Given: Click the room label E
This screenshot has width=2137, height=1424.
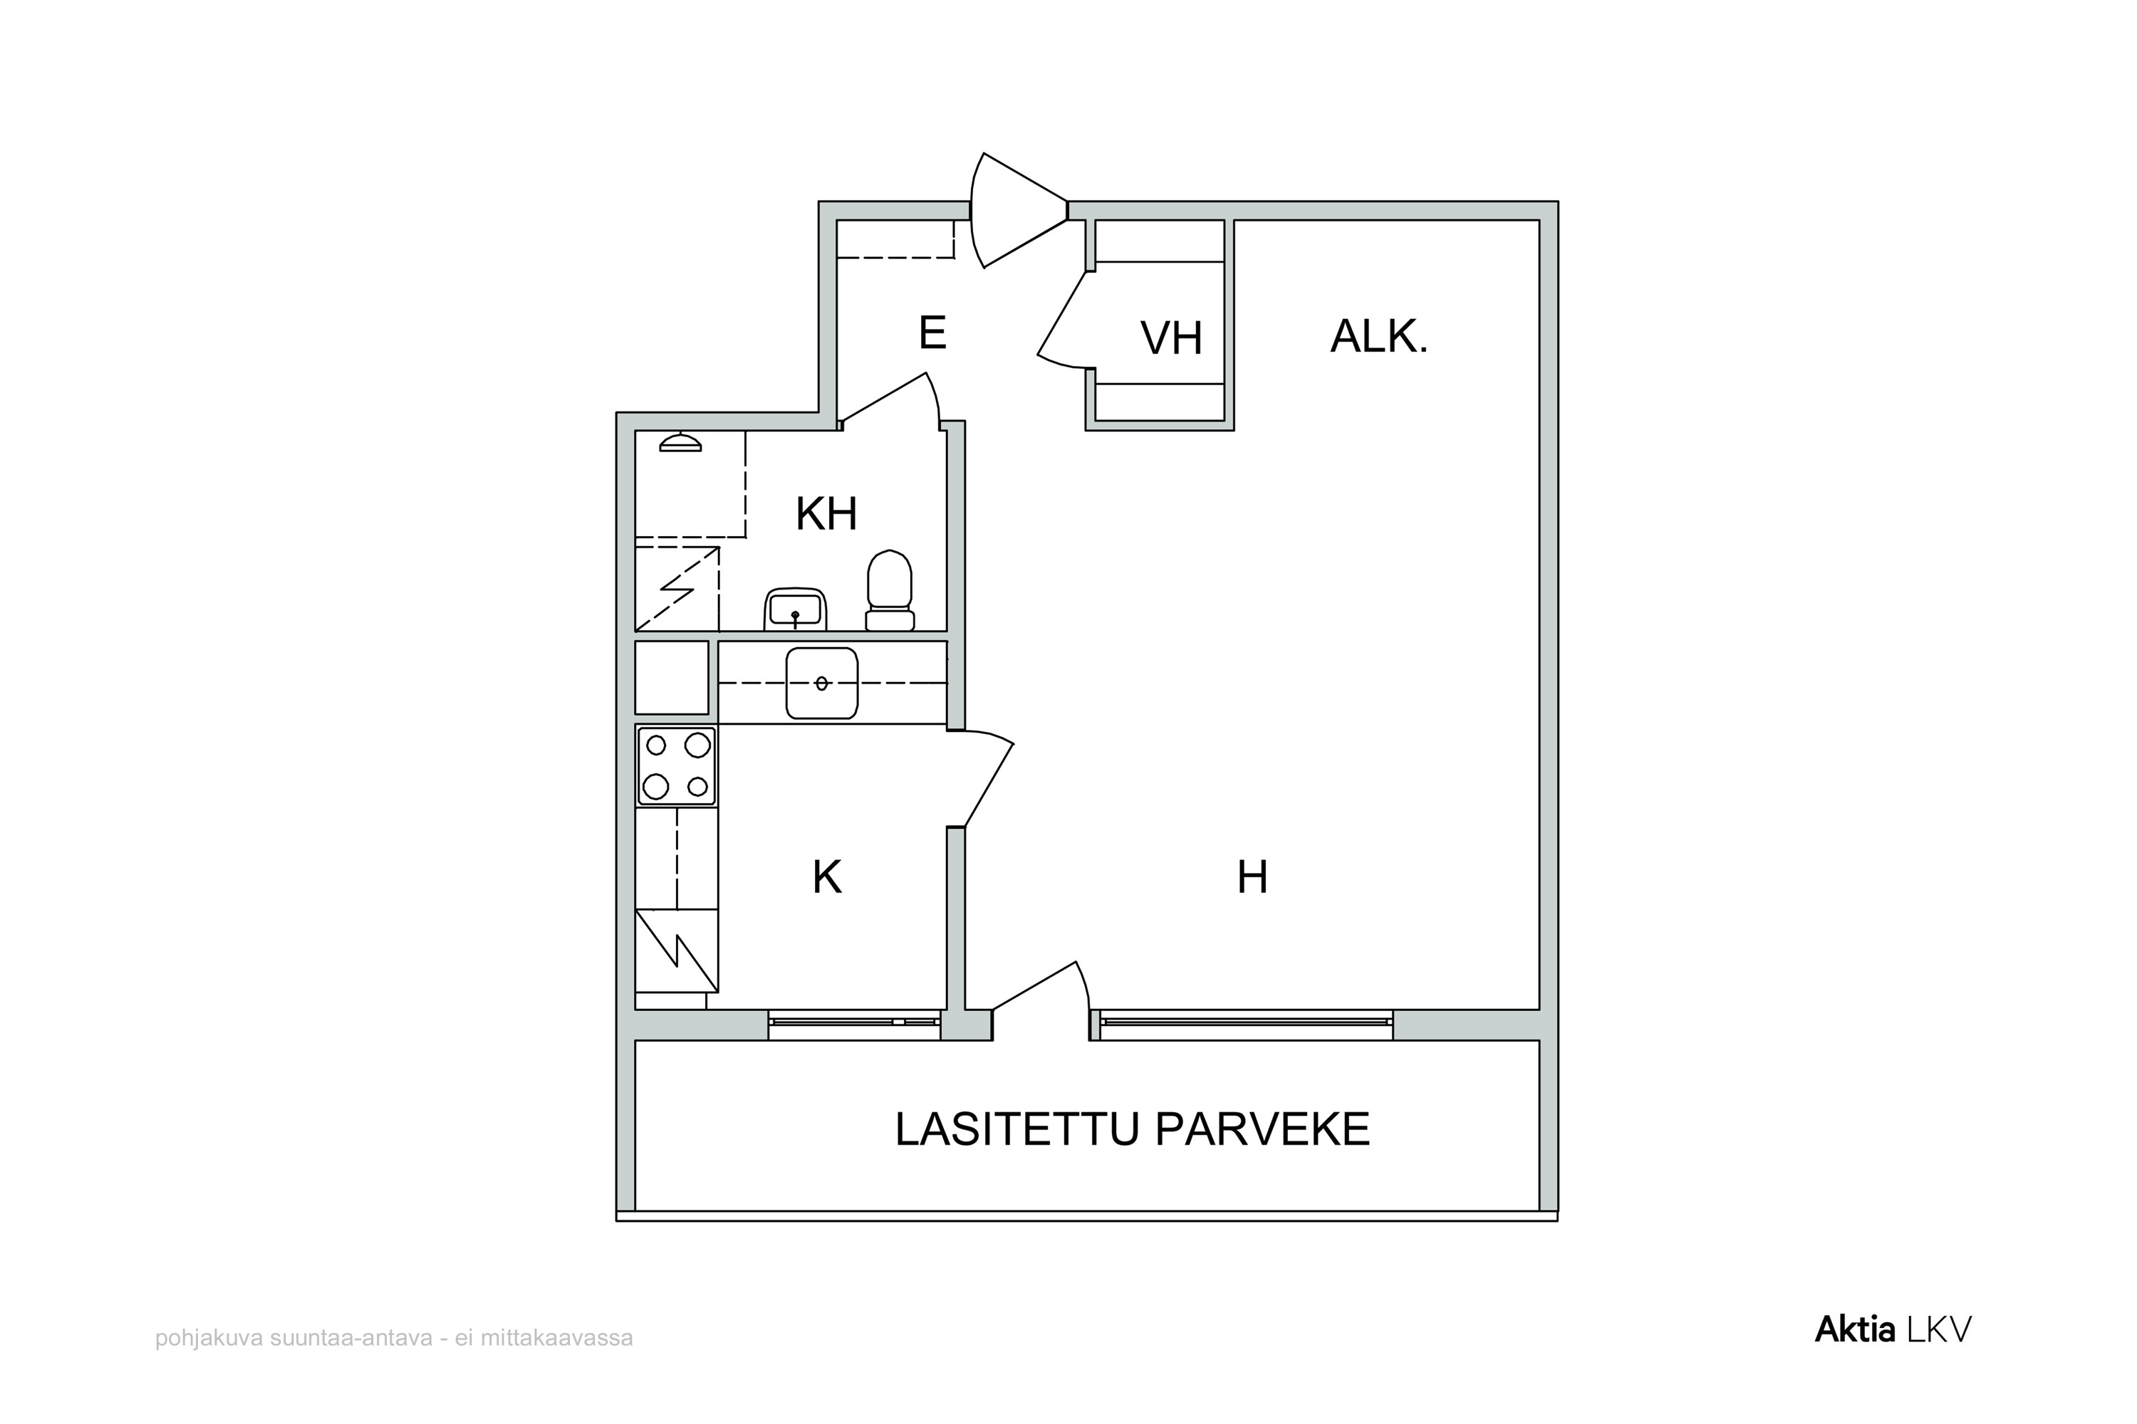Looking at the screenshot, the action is tap(932, 333).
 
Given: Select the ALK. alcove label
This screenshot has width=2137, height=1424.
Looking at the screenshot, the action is tap(1378, 336).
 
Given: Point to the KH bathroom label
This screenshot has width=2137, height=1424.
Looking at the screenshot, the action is tap(826, 514).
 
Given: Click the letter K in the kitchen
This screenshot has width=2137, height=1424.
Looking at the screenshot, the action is tap(827, 877).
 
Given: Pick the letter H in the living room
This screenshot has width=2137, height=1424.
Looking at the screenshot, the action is tap(1252, 877).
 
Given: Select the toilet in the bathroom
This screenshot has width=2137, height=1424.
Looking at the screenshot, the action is tap(890, 590).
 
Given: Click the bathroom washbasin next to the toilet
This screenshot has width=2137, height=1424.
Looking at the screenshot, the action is tap(795, 609).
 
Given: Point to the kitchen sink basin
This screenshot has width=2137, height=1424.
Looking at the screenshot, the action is tap(821, 683).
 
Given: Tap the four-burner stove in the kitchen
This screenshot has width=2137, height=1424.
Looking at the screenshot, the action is tap(676, 765).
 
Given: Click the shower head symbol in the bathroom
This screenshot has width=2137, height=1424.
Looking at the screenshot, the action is tap(680, 442).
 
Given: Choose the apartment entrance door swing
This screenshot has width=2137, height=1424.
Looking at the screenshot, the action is tap(1018, 211).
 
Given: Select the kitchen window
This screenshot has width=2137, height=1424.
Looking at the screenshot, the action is tap(854, 1022).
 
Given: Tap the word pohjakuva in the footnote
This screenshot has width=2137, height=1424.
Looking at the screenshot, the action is tap(209, 1339).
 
